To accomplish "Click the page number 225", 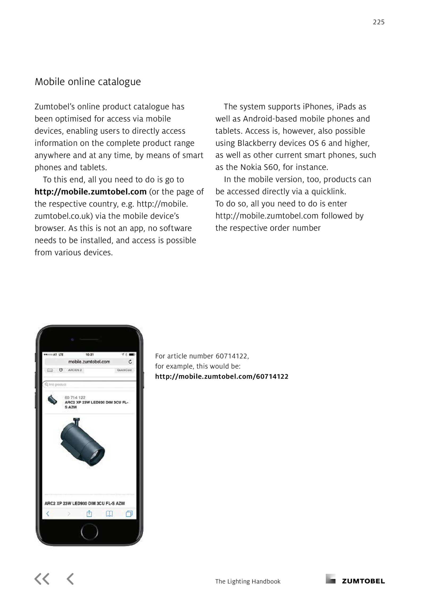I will (379, 22).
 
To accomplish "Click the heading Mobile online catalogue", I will (88, 82).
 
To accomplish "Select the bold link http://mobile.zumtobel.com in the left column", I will (90, 192).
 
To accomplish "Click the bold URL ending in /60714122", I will (222, 376).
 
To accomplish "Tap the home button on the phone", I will (89, 532).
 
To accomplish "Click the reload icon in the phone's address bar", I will (130, 362).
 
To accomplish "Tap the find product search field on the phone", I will (89, 384).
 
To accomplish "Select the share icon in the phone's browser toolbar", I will (89, 514).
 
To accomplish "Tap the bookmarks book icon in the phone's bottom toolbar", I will (109, 514).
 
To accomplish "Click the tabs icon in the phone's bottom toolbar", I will (129, 514).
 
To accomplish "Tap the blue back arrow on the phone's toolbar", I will (48, 514).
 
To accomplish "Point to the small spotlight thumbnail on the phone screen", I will (52, 400).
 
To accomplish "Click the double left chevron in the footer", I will (42, 579).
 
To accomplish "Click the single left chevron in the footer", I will (70, 579).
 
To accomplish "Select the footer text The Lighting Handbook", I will (248, 581).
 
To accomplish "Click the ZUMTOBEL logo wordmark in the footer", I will (363, 581).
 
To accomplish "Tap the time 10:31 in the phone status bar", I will (90, 355).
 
